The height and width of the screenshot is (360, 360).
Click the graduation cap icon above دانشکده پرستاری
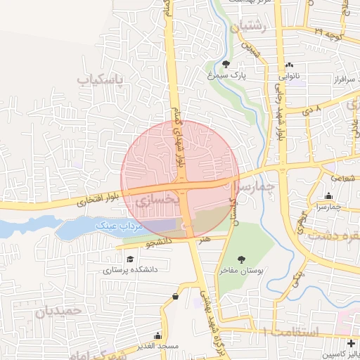click(131, 259)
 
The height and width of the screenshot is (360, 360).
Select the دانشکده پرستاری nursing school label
click(131, 269)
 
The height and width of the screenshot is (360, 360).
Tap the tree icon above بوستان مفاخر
click(242, 260)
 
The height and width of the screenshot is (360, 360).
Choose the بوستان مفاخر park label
click(241, 271)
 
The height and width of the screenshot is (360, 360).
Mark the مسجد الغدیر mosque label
click(158, 346)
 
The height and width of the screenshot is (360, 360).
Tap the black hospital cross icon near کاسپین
click(351, 343)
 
